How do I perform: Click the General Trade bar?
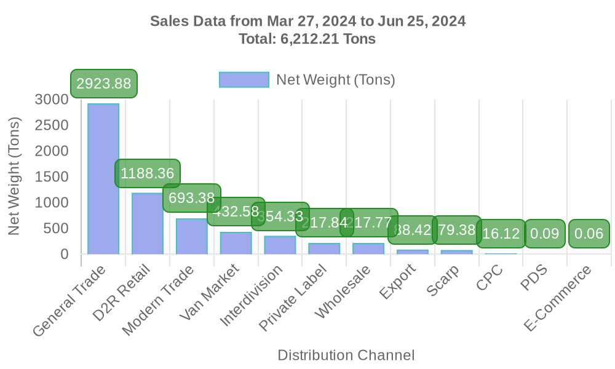point(103,178)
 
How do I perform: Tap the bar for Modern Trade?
point(191,236)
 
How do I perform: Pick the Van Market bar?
point(236,243)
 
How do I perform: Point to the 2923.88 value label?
point(103,84)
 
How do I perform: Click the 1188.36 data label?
point(148,173)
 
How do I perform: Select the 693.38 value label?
point(191,198)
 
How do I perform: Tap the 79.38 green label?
point(456,230)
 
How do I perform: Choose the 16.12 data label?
point(501,234)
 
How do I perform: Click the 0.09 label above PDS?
point(544,234)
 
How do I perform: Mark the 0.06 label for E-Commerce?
point(589,234)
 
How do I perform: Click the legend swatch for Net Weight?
point(244,80)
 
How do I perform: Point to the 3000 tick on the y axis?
point(52,99)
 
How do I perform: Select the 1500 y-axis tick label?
point(52,177)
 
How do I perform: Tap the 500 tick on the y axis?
point(56,228)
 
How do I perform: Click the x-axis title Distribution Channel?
point(346,355)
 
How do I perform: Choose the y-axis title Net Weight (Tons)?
point(15,176)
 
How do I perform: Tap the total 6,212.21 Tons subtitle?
point(307,39)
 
